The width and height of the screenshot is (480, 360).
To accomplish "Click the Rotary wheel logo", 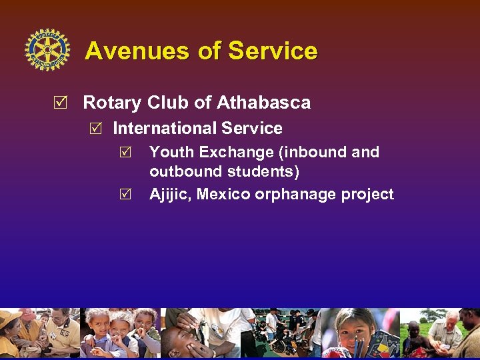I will pyautogui.click(x=47, y=50).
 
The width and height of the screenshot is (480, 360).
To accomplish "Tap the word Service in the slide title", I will pyautogui.click(x=273, y=51).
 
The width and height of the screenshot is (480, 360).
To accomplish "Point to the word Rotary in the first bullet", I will pyautogui.click(x=112, y=103).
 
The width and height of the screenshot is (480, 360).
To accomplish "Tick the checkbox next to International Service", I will pyautogui.click(x=96, y=128).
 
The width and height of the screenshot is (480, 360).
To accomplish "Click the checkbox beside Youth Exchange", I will pyautogui.click(x=134, y=153).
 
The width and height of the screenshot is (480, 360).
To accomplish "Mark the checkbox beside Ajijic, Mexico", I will pyautogui.click(x=134, y=195).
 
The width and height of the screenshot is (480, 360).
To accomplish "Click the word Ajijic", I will pyautogui.click(x=169, y=195).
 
